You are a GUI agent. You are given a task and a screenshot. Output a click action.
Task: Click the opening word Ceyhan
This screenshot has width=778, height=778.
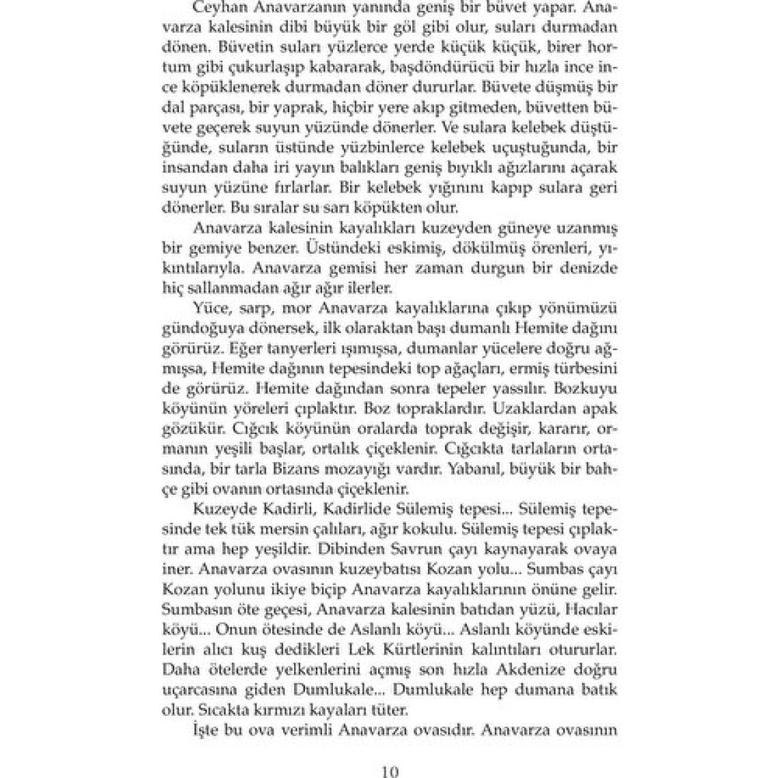(x=218, y=8)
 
